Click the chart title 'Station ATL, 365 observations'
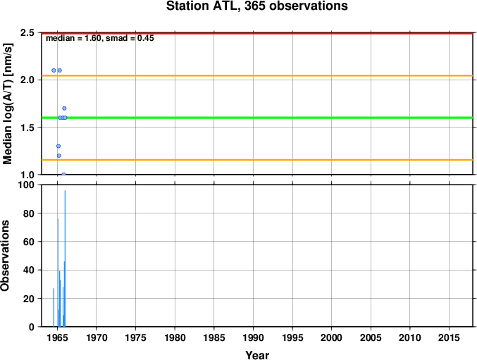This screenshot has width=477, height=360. pos(256,6)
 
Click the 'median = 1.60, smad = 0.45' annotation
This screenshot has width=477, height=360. pos(100,38)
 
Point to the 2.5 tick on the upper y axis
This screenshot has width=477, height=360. pos(27,32)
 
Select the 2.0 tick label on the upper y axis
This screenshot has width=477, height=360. pos(27,80)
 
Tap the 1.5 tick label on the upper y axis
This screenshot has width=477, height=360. pos(27,128)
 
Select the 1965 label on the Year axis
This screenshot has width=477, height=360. pos(57,337)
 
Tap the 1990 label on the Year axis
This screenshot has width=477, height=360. pos(253,337)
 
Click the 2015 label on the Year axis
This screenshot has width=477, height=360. pos(449,337)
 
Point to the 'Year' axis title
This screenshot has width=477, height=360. pos(257,355)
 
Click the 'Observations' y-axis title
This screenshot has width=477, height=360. pos(5,256)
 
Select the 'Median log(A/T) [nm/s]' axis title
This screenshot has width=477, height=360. pos(8,104)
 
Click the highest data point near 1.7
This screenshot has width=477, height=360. pos(64,108)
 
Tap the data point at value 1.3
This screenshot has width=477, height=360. pos(58,147)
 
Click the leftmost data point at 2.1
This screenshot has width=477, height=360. pos(54,70)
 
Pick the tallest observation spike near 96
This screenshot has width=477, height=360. pos(65,259)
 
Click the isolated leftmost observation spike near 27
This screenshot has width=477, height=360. pos(54,308)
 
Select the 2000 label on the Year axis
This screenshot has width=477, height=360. pos(332,337)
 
